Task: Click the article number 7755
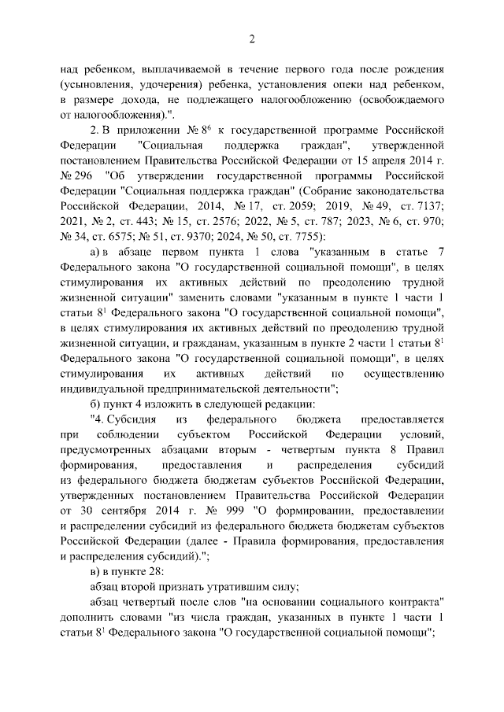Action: [x=298, y=239]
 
